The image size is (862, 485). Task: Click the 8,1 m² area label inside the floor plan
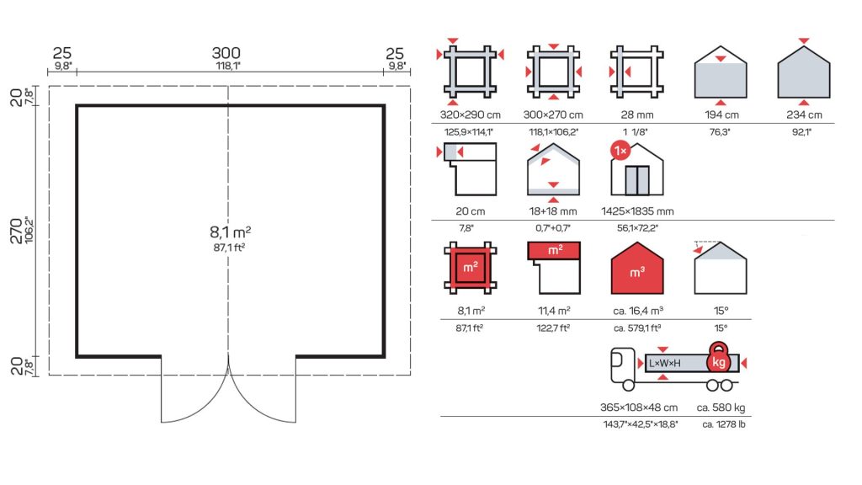231,232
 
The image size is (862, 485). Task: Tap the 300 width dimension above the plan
226,53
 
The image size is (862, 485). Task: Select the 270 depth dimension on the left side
16,231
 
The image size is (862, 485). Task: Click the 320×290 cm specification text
470,115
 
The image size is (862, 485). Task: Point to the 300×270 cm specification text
553,115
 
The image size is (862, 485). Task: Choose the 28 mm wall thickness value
637,115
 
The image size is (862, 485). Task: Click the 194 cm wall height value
721,115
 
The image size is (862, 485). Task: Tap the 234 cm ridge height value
804,115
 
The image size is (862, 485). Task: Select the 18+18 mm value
553,211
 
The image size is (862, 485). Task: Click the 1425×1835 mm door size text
637,211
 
